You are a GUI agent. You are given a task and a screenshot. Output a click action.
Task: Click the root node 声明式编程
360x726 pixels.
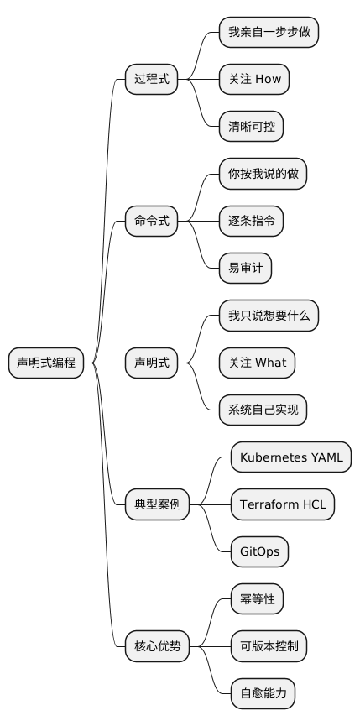(46, 363)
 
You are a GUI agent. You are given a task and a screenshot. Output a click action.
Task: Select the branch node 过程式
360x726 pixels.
(151, 80)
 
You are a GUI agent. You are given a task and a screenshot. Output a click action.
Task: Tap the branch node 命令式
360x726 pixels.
(151, 222)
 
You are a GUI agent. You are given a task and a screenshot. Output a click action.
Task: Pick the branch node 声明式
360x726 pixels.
(151, 363)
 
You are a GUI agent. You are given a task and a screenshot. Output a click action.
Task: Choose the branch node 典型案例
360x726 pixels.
(157, 505)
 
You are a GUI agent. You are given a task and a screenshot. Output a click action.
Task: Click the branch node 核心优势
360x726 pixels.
(157, 646)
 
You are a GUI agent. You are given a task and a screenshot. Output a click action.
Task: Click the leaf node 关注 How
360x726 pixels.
(254, 80)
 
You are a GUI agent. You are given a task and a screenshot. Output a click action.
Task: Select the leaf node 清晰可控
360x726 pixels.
(251, 127)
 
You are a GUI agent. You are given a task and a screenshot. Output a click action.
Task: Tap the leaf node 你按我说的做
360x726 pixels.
(263, 175)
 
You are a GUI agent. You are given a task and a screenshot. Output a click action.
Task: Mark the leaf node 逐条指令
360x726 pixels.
(251, 222)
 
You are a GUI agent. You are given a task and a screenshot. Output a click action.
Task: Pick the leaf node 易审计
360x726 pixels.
(245, 269)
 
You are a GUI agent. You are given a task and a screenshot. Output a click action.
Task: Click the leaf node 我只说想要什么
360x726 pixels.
(269, 316)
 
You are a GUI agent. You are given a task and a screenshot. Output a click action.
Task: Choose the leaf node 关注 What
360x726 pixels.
(257, 363)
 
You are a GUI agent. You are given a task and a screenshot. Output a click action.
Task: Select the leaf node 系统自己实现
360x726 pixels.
(263, 410)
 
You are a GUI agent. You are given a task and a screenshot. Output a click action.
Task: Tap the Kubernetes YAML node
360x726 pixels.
(290, 457)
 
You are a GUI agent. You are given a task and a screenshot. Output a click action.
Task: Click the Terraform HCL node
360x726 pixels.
(283, 505)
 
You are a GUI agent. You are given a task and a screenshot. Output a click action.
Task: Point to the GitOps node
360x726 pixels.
(260, 552)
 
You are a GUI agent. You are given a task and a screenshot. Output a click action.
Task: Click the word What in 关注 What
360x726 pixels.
(270, 363)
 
